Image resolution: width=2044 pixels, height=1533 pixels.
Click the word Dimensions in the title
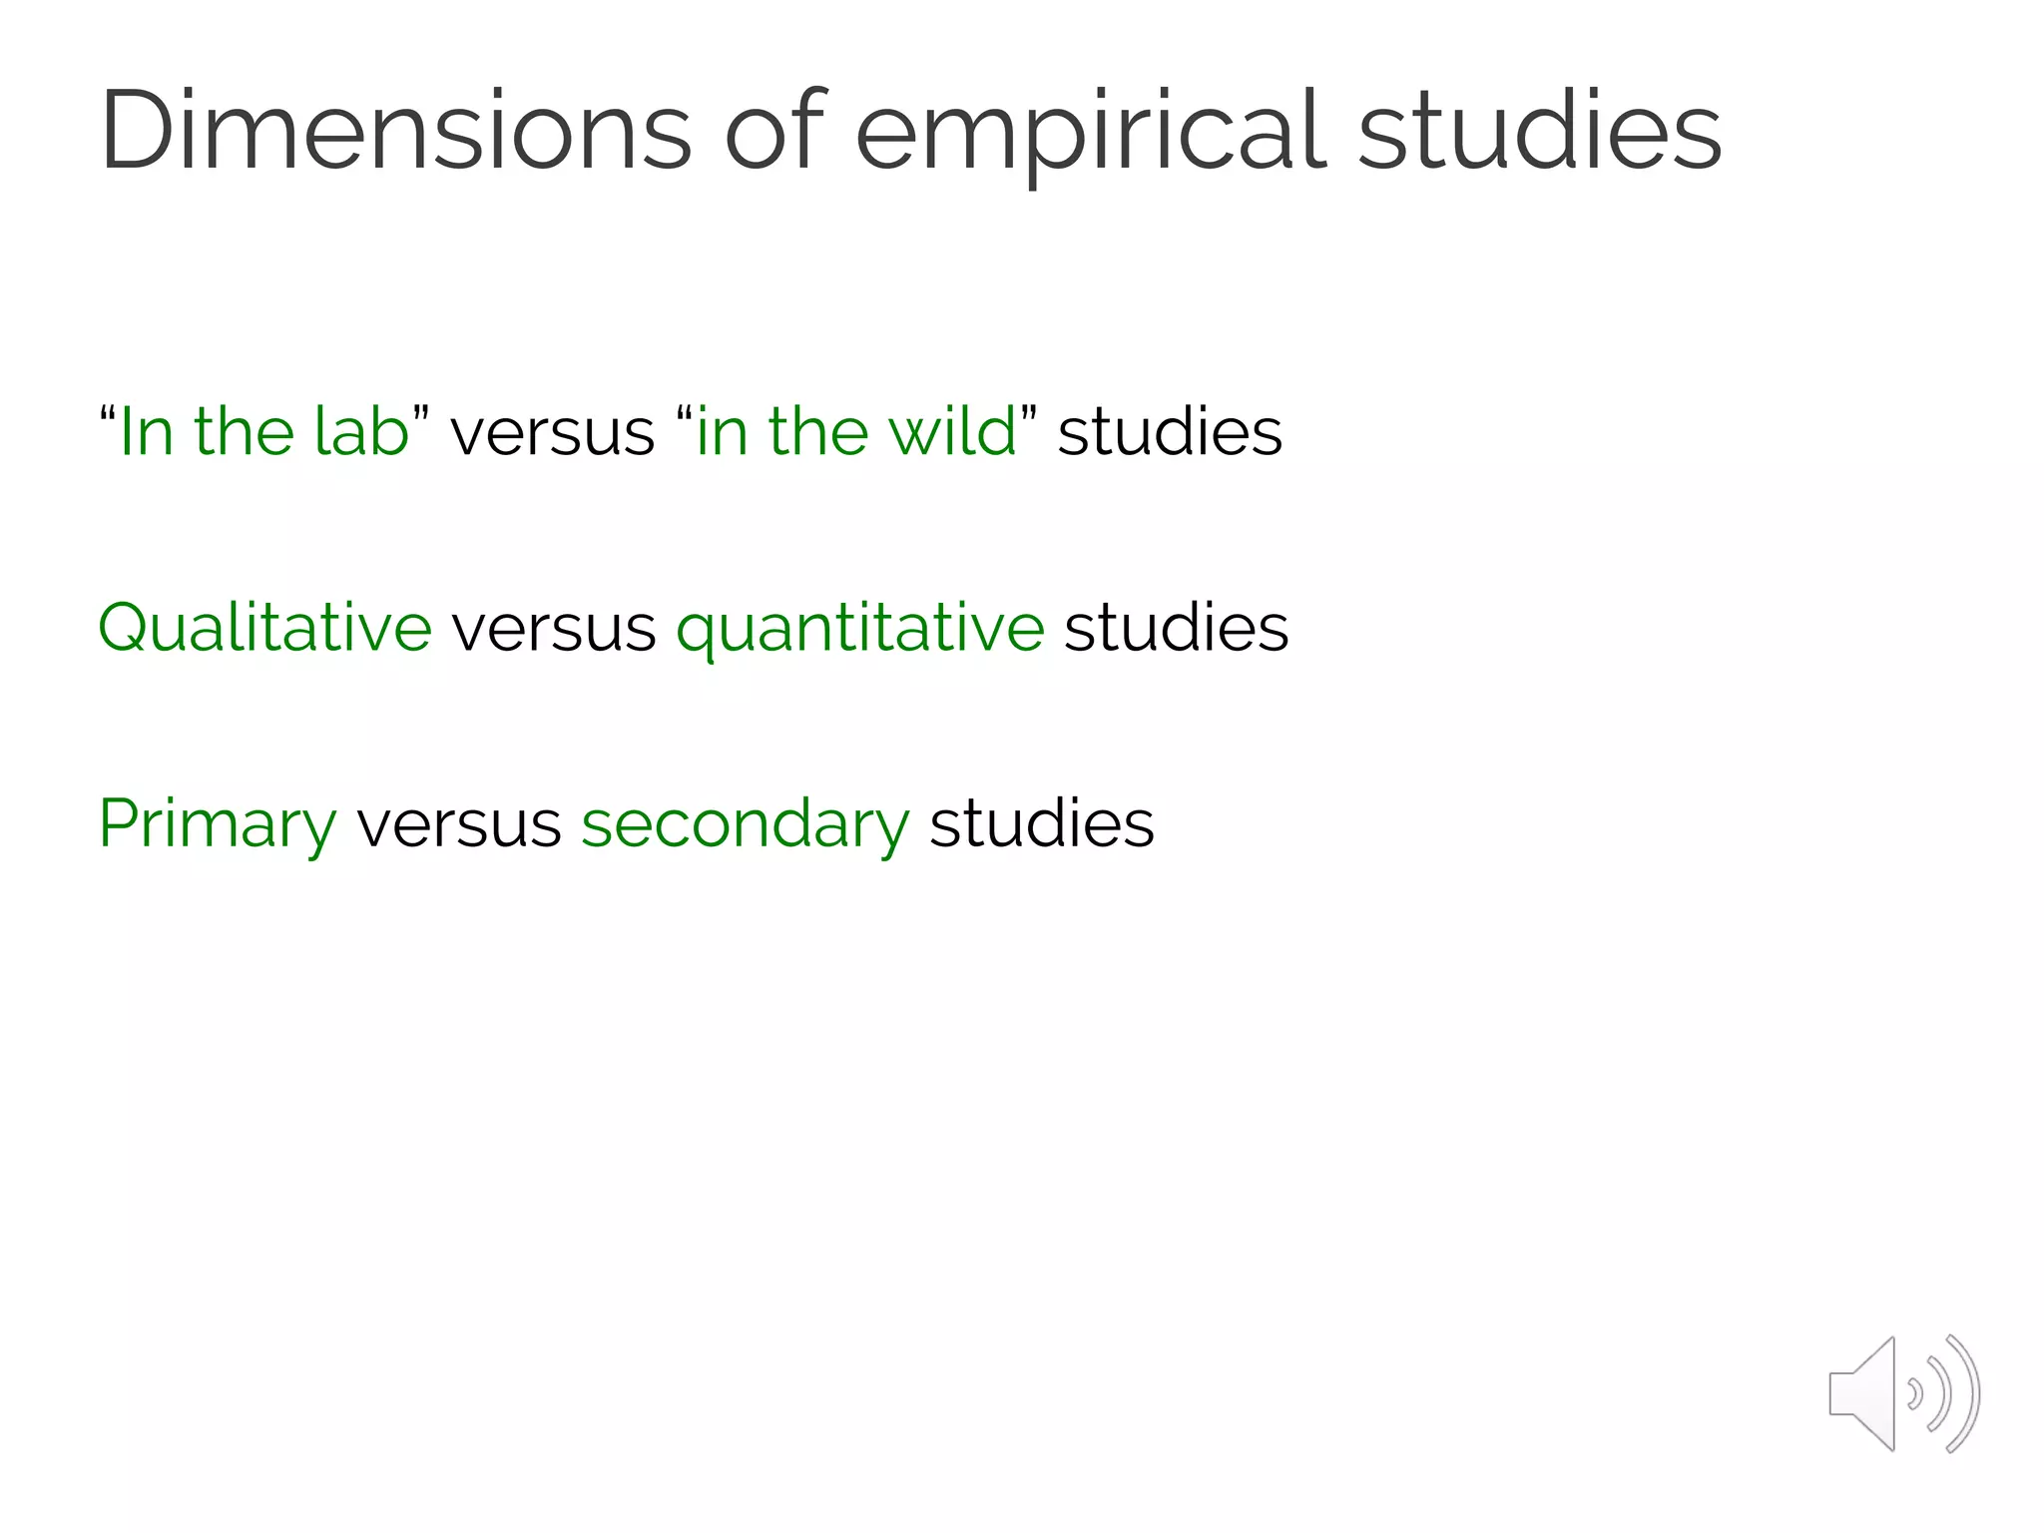click(395, 132)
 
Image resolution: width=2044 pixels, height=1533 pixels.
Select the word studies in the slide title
click(1540, 132)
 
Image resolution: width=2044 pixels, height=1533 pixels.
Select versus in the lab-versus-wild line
click(552, 433)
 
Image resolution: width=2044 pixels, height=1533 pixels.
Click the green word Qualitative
click(265, 628)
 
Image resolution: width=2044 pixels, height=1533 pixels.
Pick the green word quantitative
click(860, 630)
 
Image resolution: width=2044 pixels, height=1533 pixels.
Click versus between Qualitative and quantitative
click(554, 629)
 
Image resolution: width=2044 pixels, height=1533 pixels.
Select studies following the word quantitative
click(1177, 628)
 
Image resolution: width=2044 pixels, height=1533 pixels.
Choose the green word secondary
click(746, 824)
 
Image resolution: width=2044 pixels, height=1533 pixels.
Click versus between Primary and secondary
click(459, 825)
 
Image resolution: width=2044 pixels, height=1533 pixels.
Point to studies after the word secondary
click(1042, 824)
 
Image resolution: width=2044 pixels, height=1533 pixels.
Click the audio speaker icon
click(1903, 1393)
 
